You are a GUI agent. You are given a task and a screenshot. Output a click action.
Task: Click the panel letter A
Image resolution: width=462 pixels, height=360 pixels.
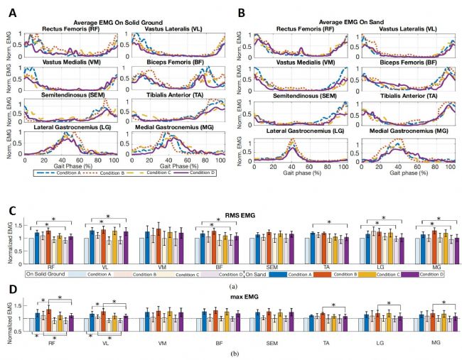point(10,9)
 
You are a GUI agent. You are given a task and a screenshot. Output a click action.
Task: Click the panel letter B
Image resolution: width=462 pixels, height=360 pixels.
point(242,9)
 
